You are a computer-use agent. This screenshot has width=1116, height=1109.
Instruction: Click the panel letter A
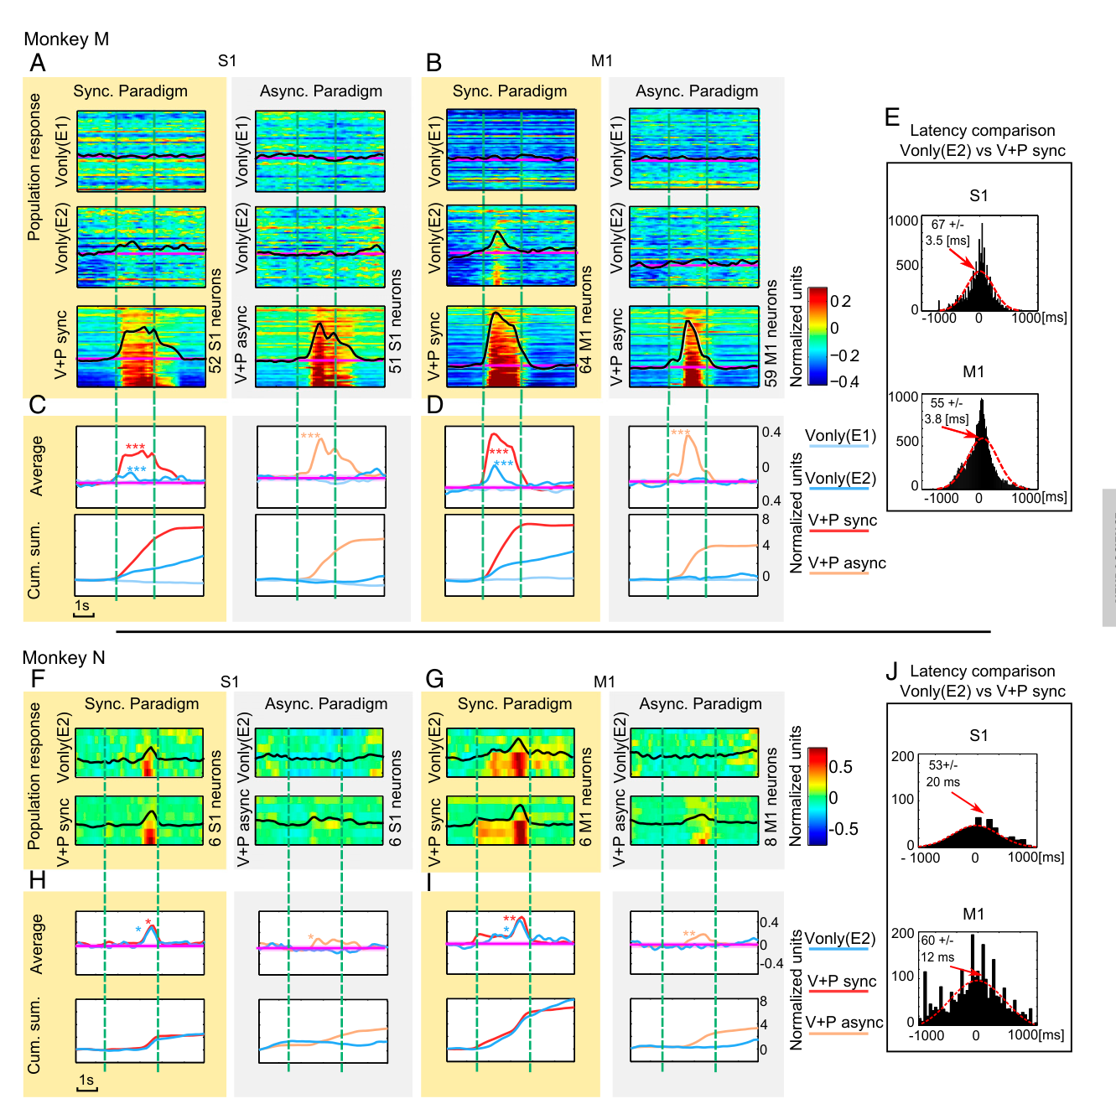click(x=38, y=63)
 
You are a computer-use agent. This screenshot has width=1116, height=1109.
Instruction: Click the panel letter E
click(x=892, y=117)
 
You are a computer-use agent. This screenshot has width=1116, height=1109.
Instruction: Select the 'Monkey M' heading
click(x=66, y=39)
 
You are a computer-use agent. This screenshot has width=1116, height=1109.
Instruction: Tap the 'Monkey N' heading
click(x=64, y=657)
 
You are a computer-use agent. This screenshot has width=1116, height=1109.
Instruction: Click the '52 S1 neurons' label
click(x=215, y=320)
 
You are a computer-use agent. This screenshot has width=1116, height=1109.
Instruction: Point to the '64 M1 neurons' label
click(x=585, y=319)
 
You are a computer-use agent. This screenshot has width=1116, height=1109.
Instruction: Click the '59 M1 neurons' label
click(x=771, y=333)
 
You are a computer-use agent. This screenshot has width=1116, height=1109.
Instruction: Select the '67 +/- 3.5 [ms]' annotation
click(x=947, y=232)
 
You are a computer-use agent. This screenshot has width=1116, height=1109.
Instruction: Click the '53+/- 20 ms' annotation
click(x=942, y=773)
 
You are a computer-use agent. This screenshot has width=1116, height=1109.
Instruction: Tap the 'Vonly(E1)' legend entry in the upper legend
click(x=840, y=436)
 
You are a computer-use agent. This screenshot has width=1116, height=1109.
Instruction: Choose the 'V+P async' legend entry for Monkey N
click(x=845, y=1023)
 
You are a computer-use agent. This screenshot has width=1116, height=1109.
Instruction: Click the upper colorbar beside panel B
click(x=818, y=336)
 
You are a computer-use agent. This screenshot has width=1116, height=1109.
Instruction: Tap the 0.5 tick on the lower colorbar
click(x=840, y=767)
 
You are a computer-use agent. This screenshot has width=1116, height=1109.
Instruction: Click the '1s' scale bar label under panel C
click(x=82, y=606)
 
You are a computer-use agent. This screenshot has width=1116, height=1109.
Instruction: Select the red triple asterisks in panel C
click(x=136, y=447)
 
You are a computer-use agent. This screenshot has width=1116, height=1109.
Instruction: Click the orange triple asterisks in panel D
click(x=681, y=433)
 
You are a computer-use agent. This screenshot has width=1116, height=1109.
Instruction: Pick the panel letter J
click(x=892, y=671)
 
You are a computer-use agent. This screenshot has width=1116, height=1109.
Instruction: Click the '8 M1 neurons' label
click(x=771, y=796)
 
